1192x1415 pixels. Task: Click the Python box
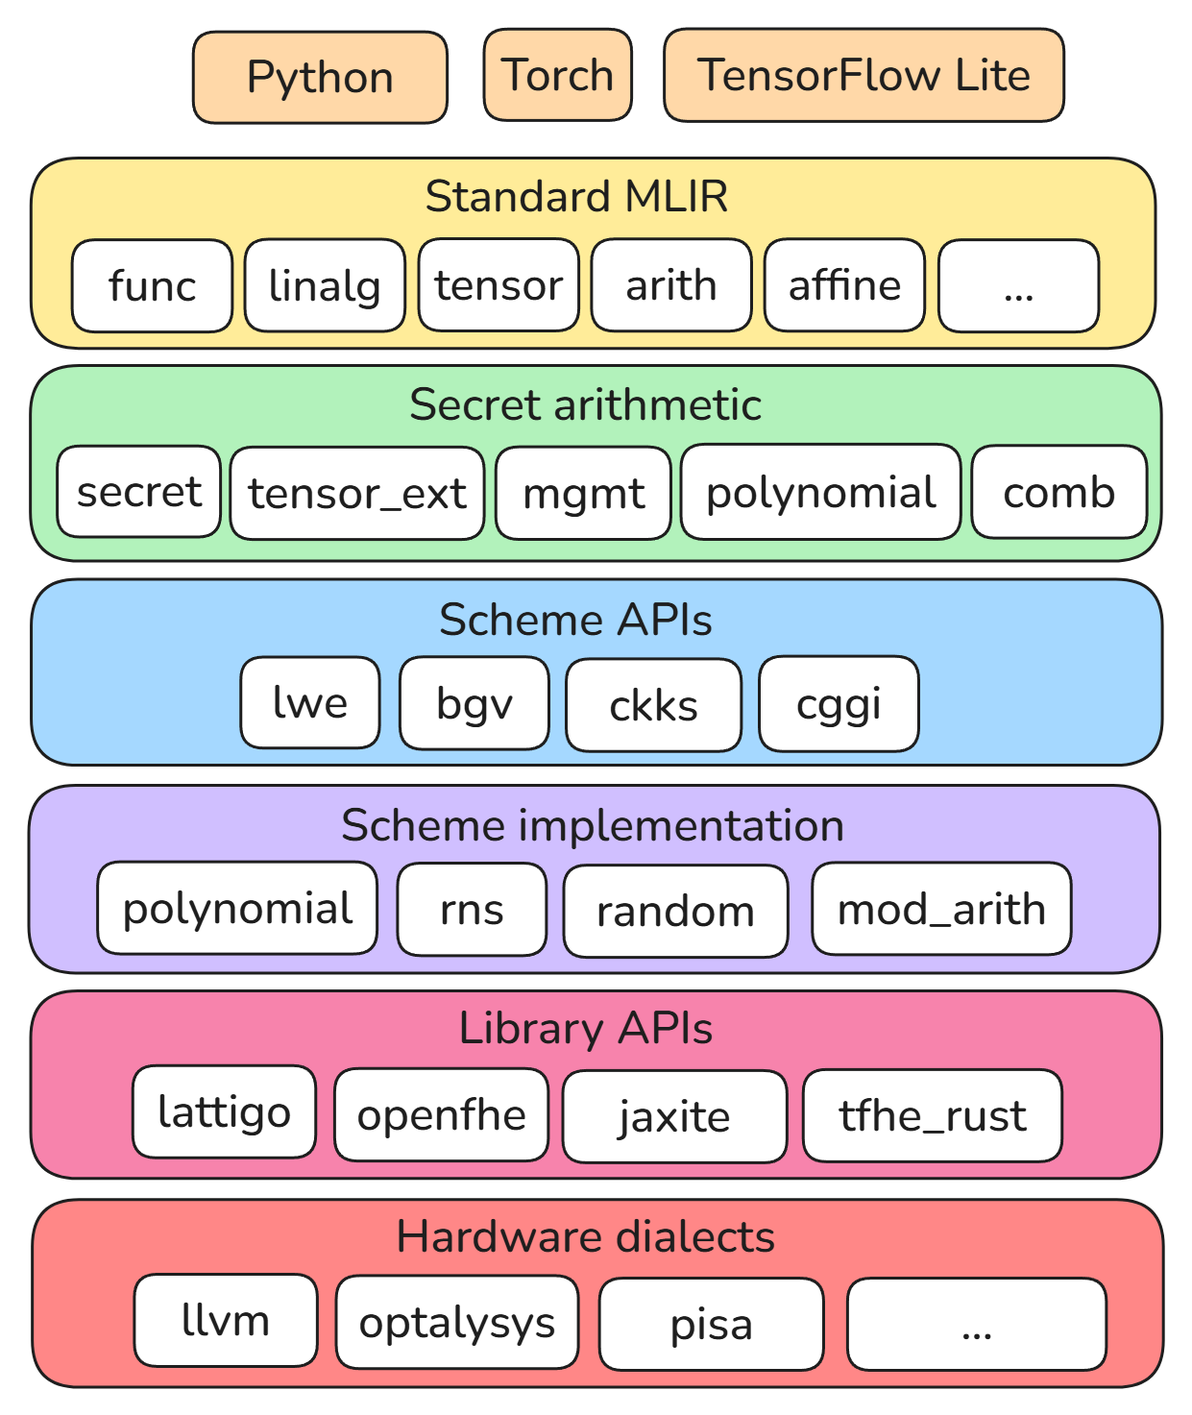pyautogui.click(x=320, y=77)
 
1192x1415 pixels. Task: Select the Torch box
pyautogui.click(x=558, y=75)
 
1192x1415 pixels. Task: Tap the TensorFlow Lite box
pyautogui.click(x=864, y=75)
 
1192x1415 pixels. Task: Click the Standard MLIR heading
pyautogui.click(x=576, y=197)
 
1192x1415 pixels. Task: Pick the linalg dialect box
pyautogui.click(x=325, y=285)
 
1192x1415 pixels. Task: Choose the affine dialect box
pyautogui.click(x=844, y=285)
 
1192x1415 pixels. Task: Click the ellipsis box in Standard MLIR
pyautogui.click(x=1018, y=286)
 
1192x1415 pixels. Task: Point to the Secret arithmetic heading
pyautogui.click(x=586, y=405)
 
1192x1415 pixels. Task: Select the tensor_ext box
pyautogui.click(x=357, y=494)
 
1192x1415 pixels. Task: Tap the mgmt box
pyautogui.click(x=583, y=494)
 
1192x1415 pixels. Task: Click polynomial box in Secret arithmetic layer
pyautogui.click(x=820, y=492)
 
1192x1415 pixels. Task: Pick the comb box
pyautogui.click(x=1059, y=492)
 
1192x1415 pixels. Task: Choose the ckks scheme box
pyautogui.click(x=654, y=705)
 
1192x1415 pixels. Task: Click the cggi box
pyautogui.click(x=839, y=704)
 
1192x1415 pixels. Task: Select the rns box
pyautogui.click(x=472, y=910)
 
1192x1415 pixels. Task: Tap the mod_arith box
pyautogui.click(x=941, y=909)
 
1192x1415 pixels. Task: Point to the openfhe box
pyautogui.click(x=441, y=1115)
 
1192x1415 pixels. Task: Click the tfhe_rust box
pyautogui.click(x=933, y=1116)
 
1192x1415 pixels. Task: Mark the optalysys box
pyautogui.click(x=457, y=1323)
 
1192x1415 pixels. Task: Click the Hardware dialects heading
pyautogui.click(x=586, y=1236)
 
